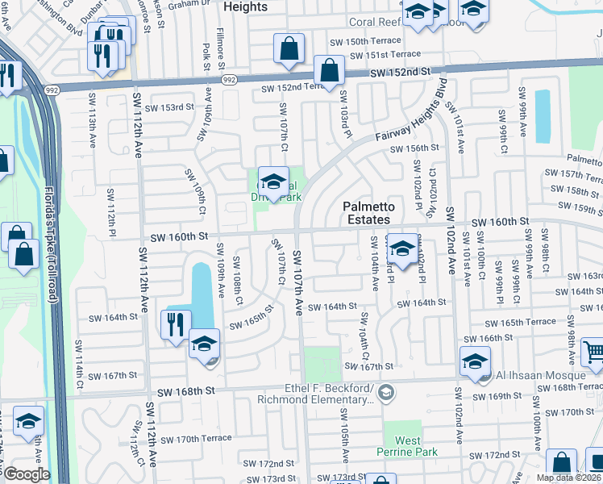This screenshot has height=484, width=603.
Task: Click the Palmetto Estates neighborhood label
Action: (368, 213)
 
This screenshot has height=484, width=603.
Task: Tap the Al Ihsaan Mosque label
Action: (541, 375)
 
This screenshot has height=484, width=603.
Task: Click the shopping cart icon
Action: (593, 351)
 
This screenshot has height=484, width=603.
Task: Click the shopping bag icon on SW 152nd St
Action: (329, 70)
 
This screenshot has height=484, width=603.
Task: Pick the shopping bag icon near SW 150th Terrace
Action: (289, 48)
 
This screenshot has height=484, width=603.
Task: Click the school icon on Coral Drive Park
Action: (273, 181)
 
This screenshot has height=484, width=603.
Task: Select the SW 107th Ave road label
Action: (297, 282)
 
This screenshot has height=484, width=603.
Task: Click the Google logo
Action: (27, 474)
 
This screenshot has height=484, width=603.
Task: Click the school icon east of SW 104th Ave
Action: (402, 248)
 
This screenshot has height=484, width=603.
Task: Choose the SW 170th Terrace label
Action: (196, 439)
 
